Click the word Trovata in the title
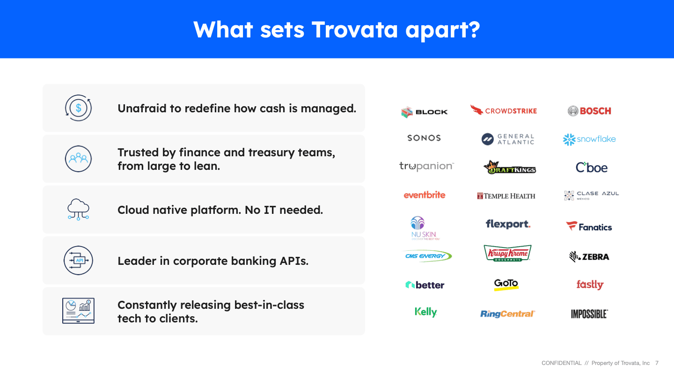[354, 30]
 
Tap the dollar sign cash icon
[78, 108]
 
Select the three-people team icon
[78, 159]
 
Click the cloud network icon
[78, 209]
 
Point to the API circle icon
[78, 261]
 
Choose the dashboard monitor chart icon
[78, 311]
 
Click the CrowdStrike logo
[504, 110]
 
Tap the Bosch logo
[589, 111]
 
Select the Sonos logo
[424, 138]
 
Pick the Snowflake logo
[589, 139]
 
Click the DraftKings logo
[509, 167]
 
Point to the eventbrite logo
[424, 195]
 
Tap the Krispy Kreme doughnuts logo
[507, 253]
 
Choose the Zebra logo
[589, 256]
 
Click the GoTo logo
[506, 284]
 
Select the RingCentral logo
[507, 313]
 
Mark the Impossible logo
[589, 314]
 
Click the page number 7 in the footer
[657, 363]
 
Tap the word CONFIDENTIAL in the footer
[562, 363]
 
